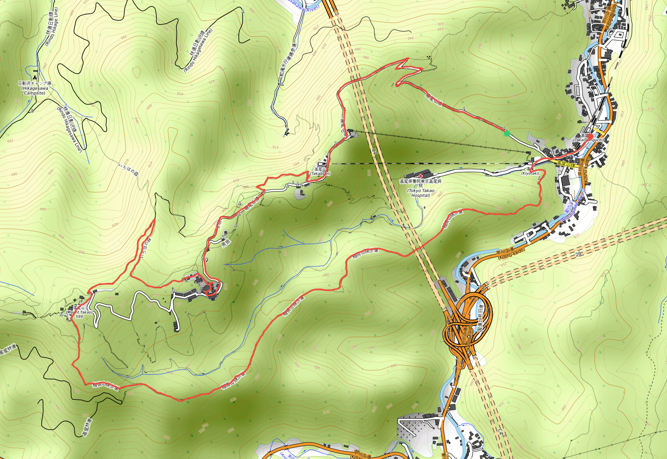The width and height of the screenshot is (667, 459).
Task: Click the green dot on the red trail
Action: coord(507,134)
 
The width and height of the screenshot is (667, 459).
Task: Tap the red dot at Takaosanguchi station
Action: coord(590,136)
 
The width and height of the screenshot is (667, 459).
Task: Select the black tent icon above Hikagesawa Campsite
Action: coord(35,78)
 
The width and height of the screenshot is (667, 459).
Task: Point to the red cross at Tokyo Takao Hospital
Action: coord(420,177)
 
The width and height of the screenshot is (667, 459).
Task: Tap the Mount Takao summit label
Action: coord(79,312)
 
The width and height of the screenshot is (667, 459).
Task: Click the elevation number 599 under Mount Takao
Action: coord(79,317)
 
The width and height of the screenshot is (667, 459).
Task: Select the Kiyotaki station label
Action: coord(530,173)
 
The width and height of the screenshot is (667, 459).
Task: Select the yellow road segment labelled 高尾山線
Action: coord(566,164)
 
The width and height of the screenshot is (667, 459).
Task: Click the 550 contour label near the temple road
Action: coord(156,295)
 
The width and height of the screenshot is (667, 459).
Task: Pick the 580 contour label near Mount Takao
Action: coord(110,298)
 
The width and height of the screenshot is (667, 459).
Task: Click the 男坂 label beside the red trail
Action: coord(226,242)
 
